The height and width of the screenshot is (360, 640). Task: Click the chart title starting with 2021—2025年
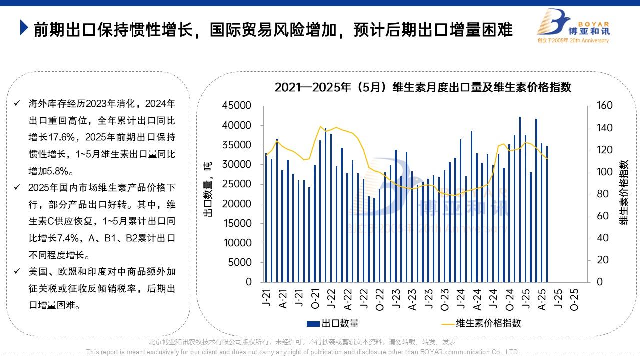(x=422, y=87)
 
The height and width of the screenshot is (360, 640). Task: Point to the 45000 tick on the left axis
(x=237, y=106)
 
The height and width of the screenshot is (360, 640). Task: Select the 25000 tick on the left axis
(x=237, y=184)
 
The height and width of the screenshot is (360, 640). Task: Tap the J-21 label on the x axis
(x=266, y=298)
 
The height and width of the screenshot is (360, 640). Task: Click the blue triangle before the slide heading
(x=24, y=28)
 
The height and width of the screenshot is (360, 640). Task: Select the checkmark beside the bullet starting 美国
(x=17, y=272)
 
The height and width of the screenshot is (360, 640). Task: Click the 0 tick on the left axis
(x=248, y=282)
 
